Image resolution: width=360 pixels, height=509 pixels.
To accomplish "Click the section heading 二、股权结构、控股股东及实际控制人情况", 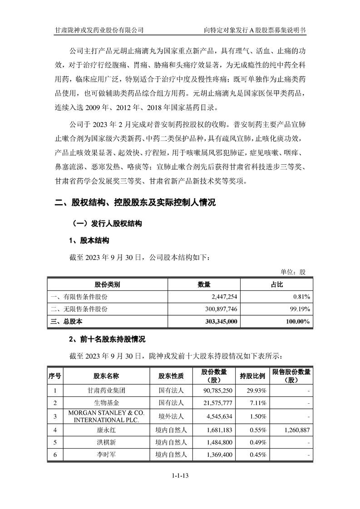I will click(135, 203).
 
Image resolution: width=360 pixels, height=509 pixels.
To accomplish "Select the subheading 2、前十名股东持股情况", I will click(107, 339).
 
